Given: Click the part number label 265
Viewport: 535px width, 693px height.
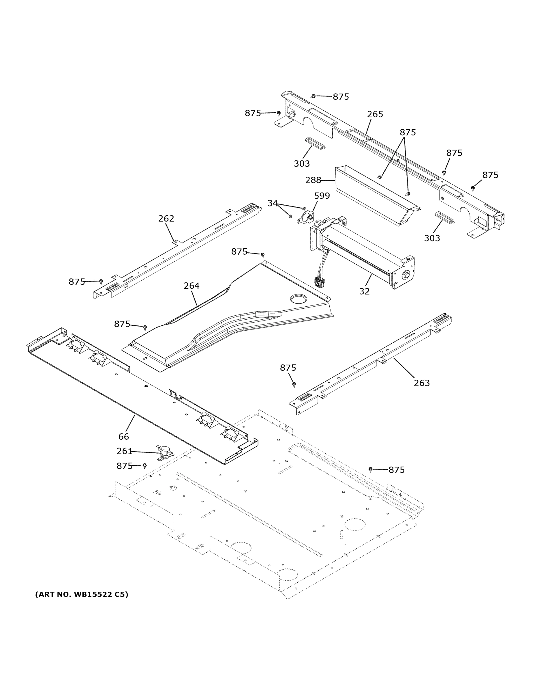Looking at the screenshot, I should [375, 114].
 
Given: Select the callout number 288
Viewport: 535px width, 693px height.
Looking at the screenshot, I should [313, 180].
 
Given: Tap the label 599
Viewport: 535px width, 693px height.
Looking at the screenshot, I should [322, 196].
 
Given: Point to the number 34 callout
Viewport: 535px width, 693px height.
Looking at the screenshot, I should [272, 203].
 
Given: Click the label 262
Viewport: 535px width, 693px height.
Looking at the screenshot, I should [166, 218].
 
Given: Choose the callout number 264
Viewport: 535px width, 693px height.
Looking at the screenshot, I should [192, 286].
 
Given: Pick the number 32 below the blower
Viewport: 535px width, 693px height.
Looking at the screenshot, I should [364, 291].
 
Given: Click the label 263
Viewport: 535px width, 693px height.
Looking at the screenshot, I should [422, 383].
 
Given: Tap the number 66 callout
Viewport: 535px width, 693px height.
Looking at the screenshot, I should [124, 436].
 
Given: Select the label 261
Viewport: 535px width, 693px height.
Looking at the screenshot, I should [124, 451].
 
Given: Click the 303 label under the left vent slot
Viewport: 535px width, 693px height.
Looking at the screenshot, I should [301, 163].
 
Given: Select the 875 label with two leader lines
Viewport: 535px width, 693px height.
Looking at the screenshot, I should [407, 132].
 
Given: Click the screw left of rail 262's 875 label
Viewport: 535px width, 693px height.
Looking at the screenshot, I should [101, 281].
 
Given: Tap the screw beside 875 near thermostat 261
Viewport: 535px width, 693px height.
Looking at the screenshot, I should [144, 465].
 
